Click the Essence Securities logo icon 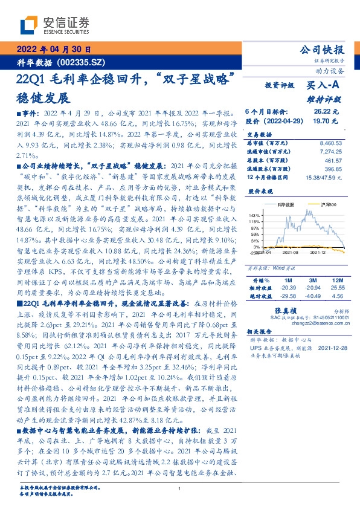click(31, 25)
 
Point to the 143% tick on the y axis click(255, 215)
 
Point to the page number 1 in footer click(179, 489)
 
